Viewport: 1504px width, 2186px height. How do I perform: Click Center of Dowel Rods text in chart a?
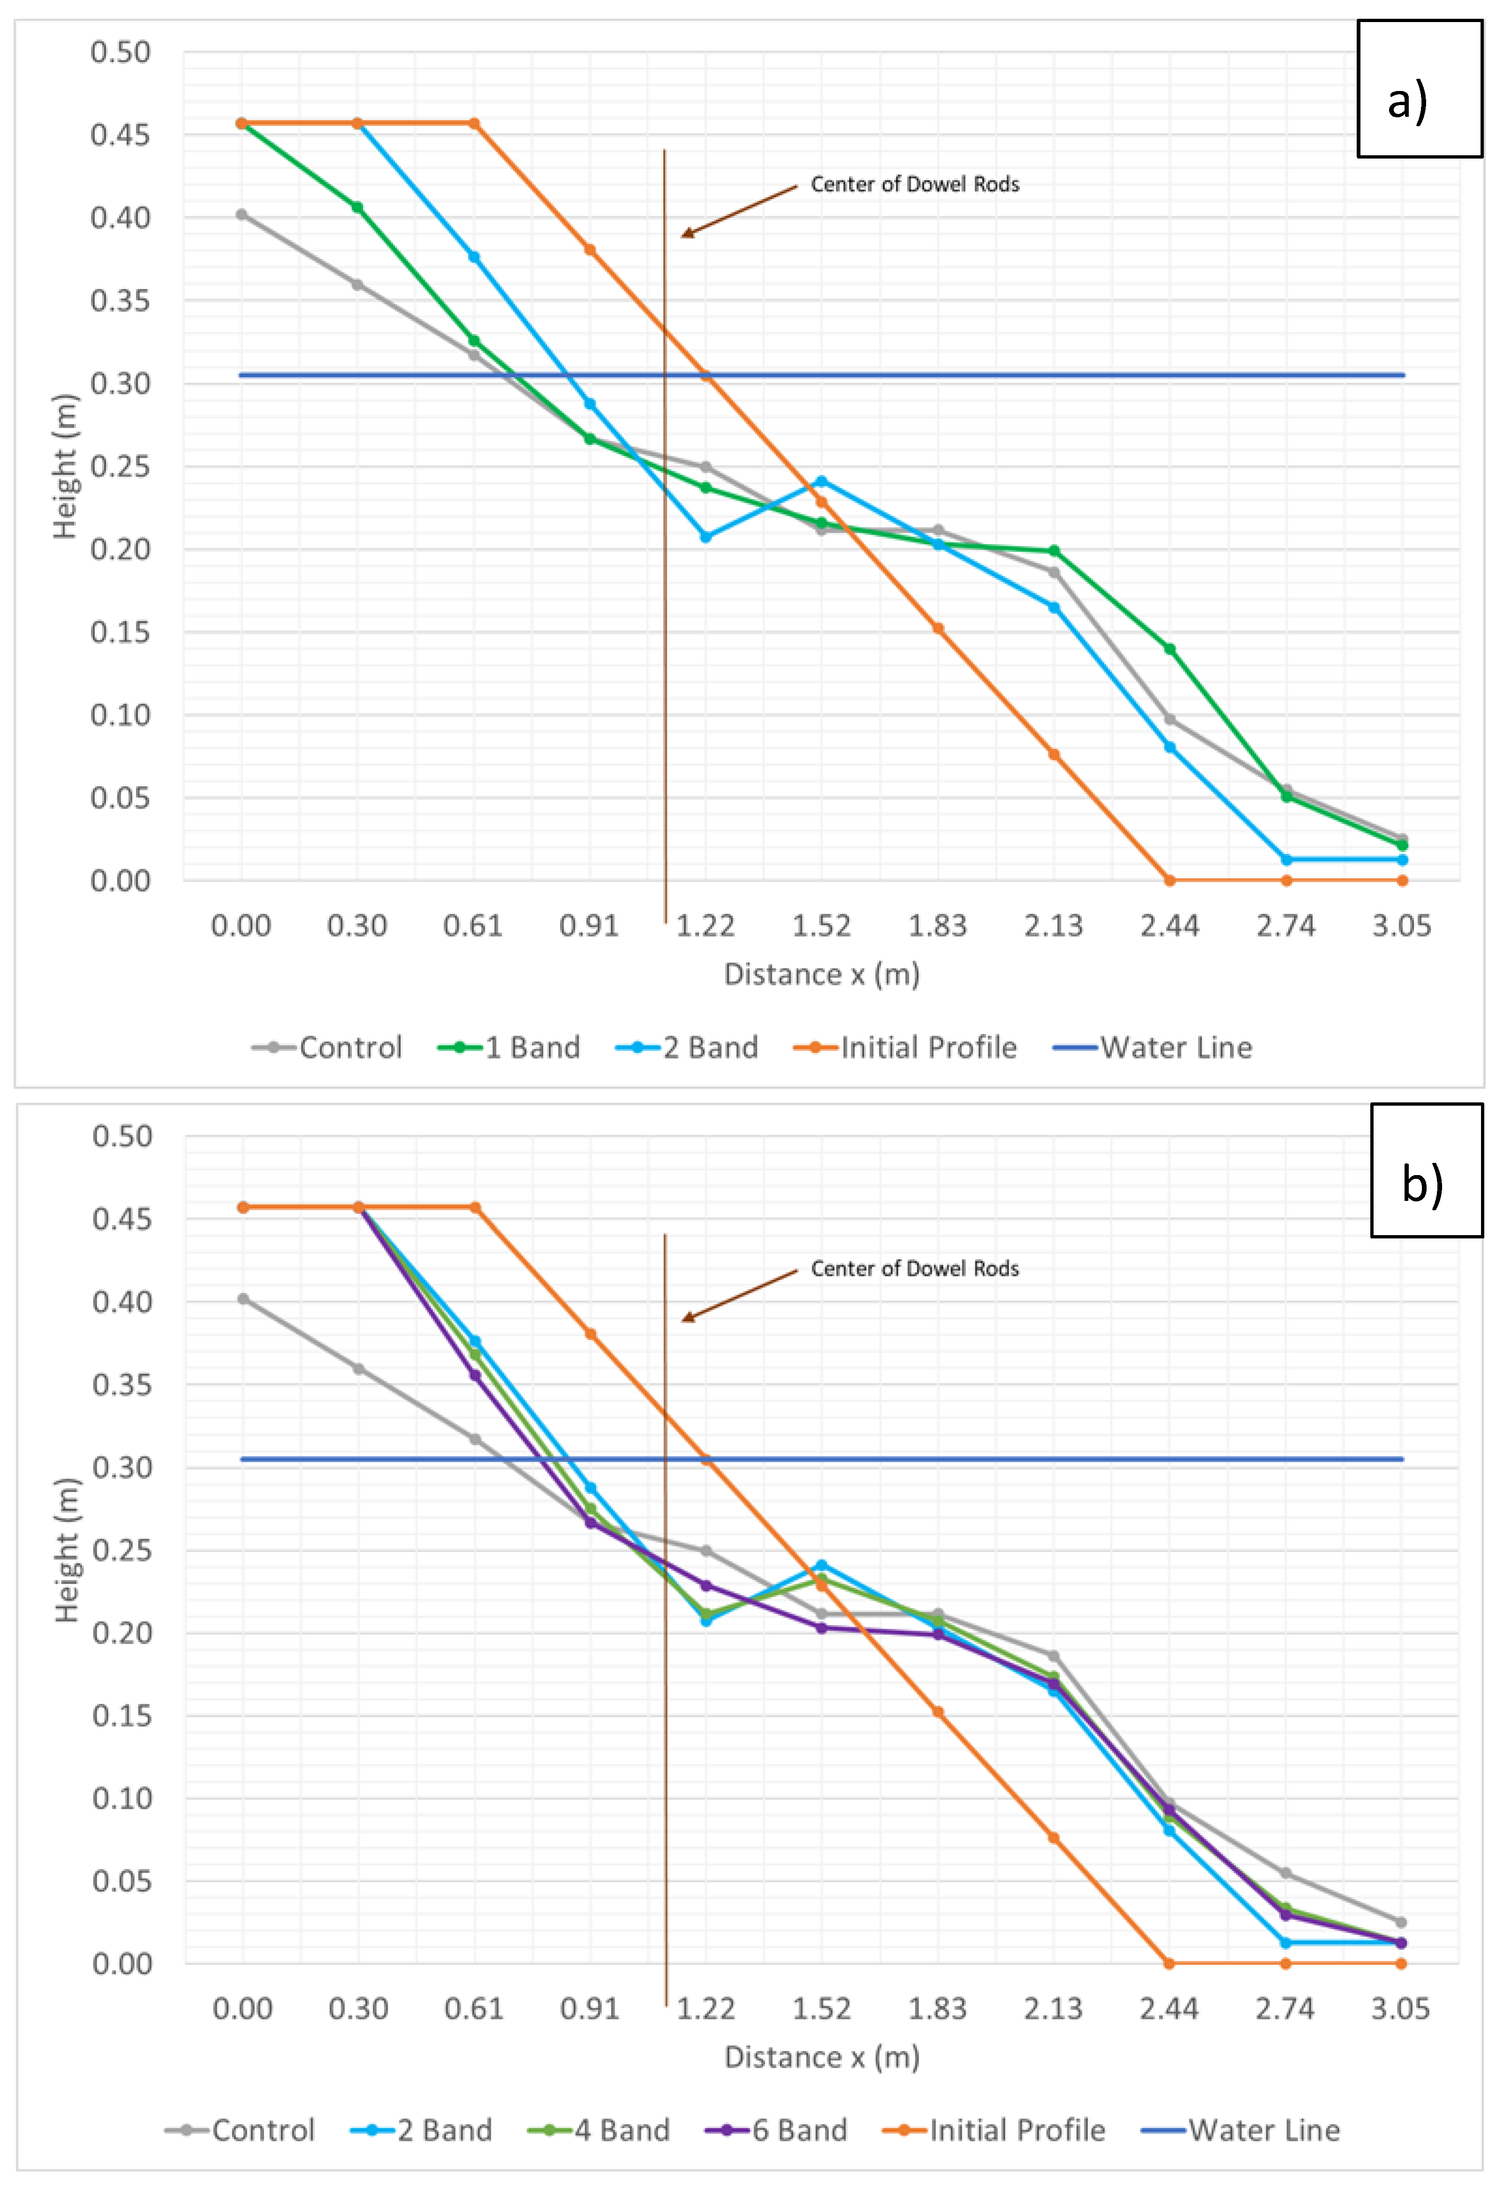pos(914,185)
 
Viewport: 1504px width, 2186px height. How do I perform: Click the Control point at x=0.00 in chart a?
pos(242,215)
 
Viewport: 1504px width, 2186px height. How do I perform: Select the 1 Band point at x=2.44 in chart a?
pos(1170,649)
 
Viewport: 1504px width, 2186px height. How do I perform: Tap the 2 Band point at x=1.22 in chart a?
pos(706,537)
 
